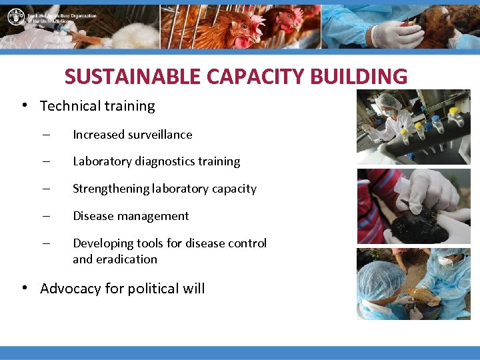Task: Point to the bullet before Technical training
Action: point(23,105)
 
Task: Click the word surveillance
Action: point(161,135)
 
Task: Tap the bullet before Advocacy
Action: point(23,288)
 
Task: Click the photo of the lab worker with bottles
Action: point(413,127)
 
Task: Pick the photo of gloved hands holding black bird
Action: point(413,206)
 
